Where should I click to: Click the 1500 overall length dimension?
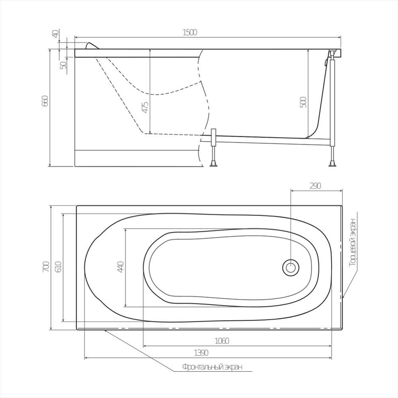tap(190, 33)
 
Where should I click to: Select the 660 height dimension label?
tap(45, 101)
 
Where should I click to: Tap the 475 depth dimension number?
tap(145, 108)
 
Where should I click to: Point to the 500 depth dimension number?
tap(303, 102)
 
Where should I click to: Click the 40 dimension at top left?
tap(56, 33)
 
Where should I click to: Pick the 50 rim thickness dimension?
tap(63, 65)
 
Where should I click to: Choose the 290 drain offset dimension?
tap(315, 186)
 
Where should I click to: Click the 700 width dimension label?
tap(46, 267)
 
